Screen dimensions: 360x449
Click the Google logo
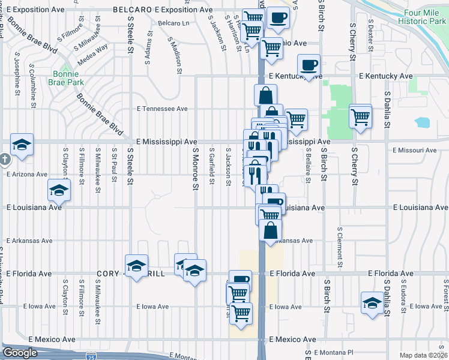pyautogui.click(x=20, y=353)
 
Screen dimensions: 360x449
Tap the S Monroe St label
pyautogui.click(x=194, y=170)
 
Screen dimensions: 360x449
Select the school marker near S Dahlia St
pyautogui.click(x=372, y=302)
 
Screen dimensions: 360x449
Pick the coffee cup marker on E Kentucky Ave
pyautogui.click(x=309, y=65)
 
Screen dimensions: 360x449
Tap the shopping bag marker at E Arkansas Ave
pyautogui.click(x=271, y=230)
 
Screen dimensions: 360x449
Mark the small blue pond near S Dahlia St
pyautogui.click(x=422, y=123)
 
